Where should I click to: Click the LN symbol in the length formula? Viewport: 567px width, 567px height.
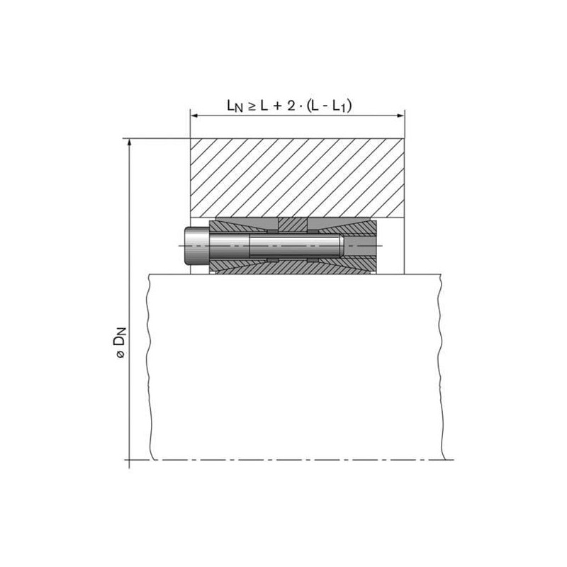point(235,106)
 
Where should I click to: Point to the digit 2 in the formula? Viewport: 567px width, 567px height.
point(291,106)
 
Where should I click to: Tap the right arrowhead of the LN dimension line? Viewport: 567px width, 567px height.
point(400,116)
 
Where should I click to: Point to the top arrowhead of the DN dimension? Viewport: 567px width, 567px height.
point(129,144)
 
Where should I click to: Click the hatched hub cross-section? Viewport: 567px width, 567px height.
point(297,178)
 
